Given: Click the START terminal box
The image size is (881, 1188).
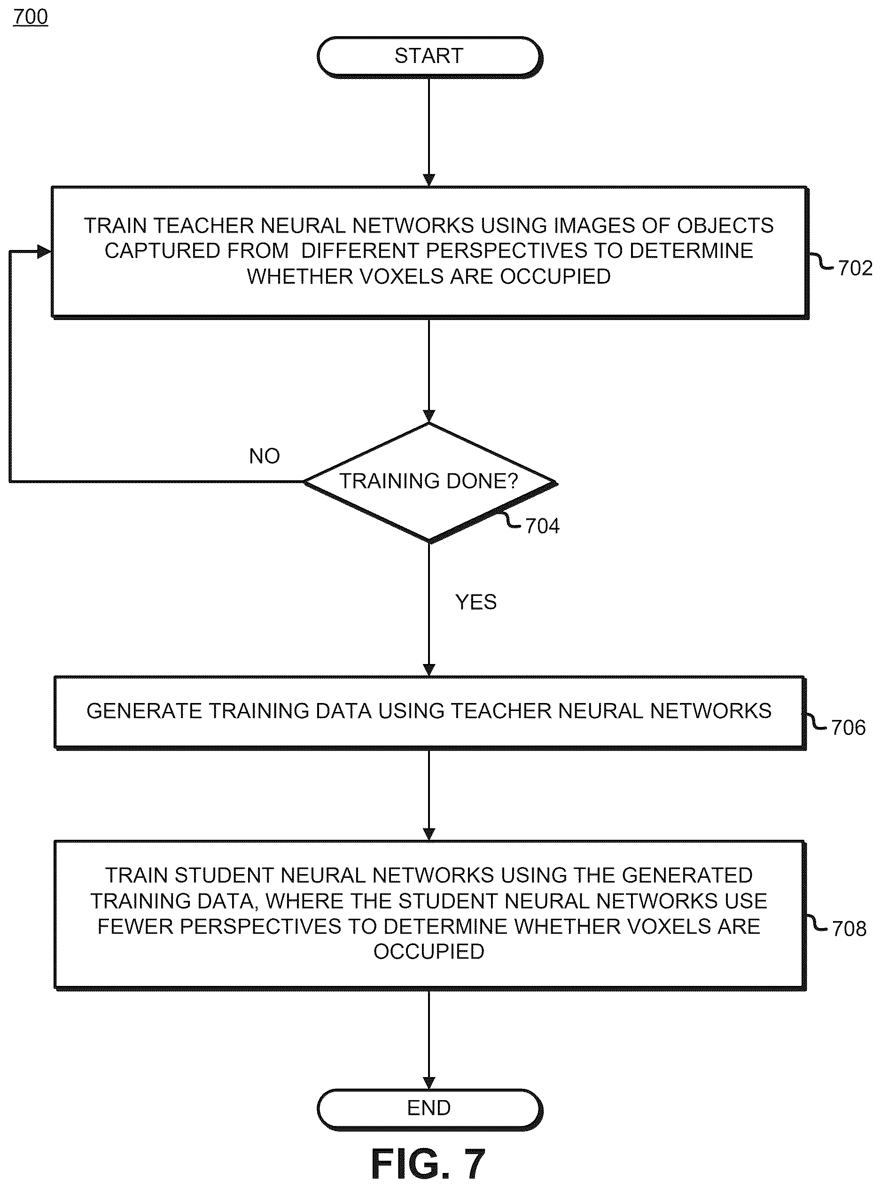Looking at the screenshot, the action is coord(430,56).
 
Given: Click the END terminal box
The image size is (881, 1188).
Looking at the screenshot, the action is coord(430,1108).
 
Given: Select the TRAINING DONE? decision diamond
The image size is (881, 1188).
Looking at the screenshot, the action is coord(430,483).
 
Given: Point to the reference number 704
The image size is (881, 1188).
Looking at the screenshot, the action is coord(542,526).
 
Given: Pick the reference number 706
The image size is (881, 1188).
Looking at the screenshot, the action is coord(848,727).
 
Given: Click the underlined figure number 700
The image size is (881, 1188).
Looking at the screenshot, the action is coord(31,16).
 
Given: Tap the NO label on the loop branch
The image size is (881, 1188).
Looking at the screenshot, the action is coord(265,456).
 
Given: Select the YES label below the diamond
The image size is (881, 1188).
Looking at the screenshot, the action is coord(476,602).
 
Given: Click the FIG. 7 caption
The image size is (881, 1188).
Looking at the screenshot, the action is coord(428,1165).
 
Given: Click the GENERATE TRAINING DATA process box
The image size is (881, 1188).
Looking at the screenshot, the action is coord(430,713).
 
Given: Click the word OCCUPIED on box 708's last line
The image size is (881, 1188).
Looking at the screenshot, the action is coord(429,951).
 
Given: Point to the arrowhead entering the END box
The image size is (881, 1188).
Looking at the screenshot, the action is coord(429,1082).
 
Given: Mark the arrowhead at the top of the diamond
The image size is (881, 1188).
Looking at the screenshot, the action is coord(429,416).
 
